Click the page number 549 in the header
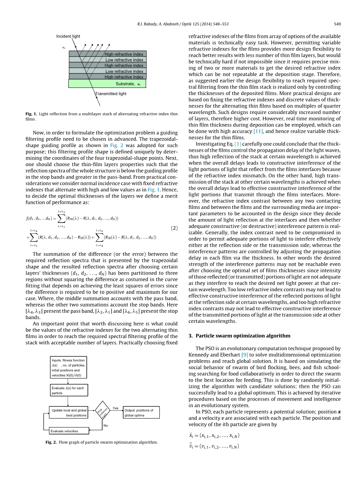coord(337,24)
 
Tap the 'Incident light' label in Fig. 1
coord(68,36)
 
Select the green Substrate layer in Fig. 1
coord(107,84)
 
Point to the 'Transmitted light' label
coord(111,94)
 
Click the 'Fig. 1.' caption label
coord(31,114)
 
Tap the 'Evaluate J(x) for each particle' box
coord(68,391)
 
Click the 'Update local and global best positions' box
coord(68,413)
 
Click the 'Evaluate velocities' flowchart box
coord(68,431)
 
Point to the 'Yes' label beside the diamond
coord(115,408)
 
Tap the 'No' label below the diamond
coord(105,426)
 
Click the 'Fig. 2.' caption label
coord(51,442)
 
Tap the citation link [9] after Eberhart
coord(245,355)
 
